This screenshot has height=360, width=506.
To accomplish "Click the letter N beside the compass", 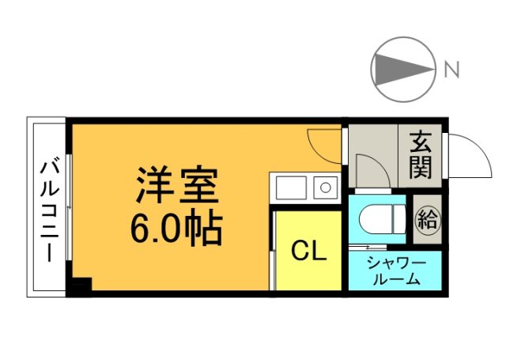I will pos(451,70).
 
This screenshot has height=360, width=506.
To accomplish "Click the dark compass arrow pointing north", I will pos(400,70).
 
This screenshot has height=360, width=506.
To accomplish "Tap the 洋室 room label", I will pos(176,185).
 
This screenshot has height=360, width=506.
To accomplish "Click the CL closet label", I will pos(308,251).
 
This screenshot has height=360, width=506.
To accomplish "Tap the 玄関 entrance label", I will pos(421,155).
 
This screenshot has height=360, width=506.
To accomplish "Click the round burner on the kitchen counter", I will pos(324,188).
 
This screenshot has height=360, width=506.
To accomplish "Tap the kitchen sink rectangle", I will pos(290,188).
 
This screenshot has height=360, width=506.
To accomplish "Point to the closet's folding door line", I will pos(273,249).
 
